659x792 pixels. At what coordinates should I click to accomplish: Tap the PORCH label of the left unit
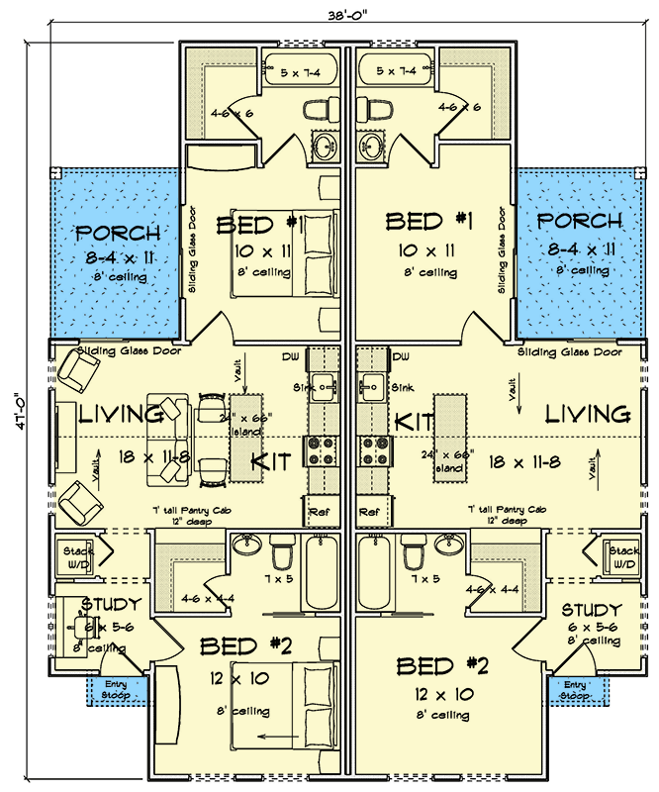tap(119, 234)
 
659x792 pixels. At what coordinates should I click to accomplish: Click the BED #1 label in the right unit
tap(428, 221)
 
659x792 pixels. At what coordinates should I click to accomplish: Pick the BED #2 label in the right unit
tap(442, 664)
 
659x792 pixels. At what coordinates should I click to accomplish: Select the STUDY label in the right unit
tap(592, 610)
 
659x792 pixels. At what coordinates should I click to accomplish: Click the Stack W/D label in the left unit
tap(78, 555)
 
